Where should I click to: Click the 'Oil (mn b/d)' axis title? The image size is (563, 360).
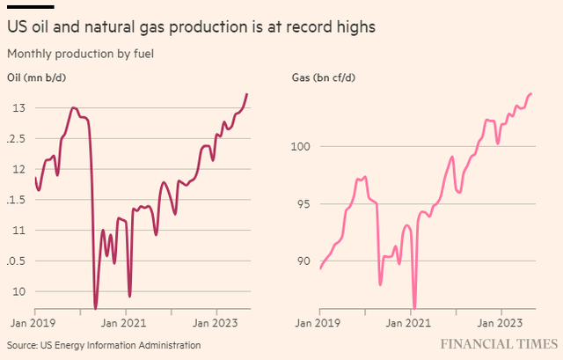click(37, 77)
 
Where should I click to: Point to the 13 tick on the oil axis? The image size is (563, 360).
click(18, 108)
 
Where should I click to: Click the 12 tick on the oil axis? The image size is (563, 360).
click(18, 169)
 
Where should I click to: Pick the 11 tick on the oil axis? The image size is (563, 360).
click(18, 230)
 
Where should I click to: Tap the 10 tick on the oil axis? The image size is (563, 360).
click(18, 291)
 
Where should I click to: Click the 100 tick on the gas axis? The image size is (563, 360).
click(303, 146)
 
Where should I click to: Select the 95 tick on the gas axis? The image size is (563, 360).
click(301, 203)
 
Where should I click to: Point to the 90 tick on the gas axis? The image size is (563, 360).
click(301, 261)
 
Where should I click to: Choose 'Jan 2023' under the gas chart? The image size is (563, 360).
click(501, 323)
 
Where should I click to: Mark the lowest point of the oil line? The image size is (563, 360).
click(95, 308)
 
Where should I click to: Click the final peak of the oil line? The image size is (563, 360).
click(247, 93)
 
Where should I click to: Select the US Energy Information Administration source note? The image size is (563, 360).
click(104, 345)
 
